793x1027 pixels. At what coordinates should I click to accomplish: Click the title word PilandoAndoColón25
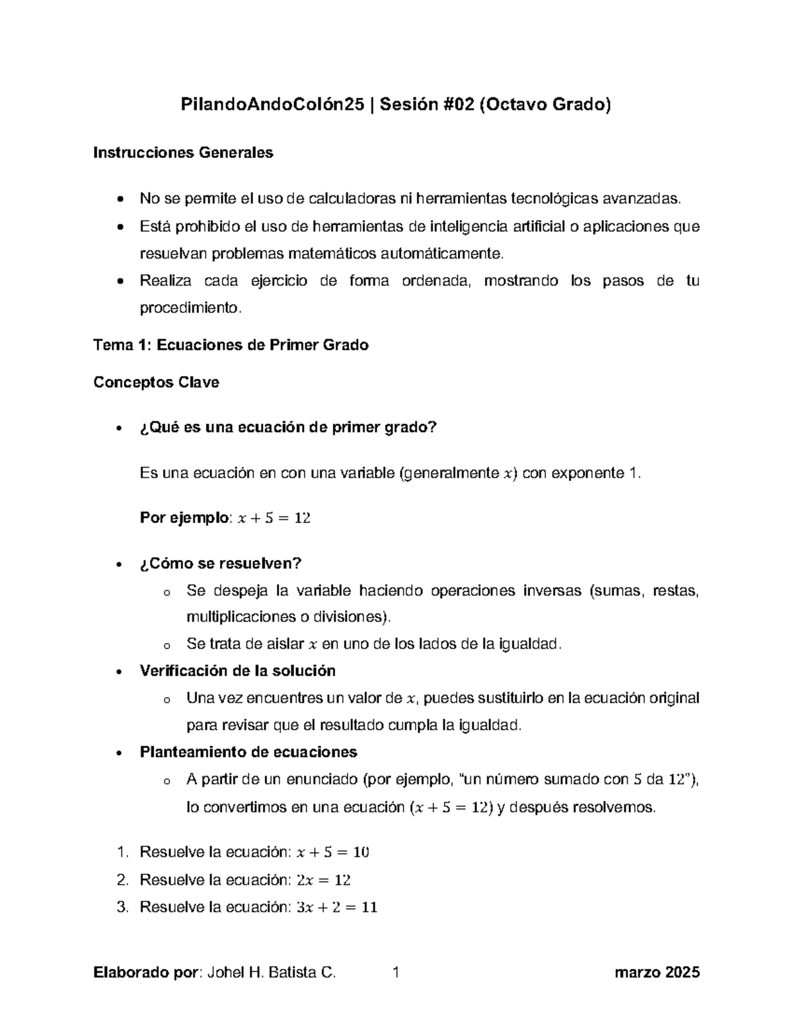[272, 104]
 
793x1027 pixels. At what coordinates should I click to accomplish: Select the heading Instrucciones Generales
[183, 153]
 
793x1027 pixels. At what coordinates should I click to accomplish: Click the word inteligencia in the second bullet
[470, 227]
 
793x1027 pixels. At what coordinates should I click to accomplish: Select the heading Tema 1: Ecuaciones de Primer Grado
[231, 345]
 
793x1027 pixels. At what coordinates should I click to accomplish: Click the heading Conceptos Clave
[157, 382]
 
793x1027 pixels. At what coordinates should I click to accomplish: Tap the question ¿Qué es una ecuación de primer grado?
[288, 428]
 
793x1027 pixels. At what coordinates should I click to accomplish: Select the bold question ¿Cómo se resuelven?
[221, 563]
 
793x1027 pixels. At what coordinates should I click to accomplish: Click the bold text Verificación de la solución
[238, 671]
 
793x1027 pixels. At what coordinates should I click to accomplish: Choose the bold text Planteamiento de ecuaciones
[248, 752]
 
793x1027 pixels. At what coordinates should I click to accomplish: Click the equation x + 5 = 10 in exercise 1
[333, 852]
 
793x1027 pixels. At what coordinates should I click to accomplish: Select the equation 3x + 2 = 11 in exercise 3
[337, 907]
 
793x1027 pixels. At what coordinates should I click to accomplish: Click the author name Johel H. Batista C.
[272, 973]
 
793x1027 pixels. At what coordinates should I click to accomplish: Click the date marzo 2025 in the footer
[656, 973]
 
